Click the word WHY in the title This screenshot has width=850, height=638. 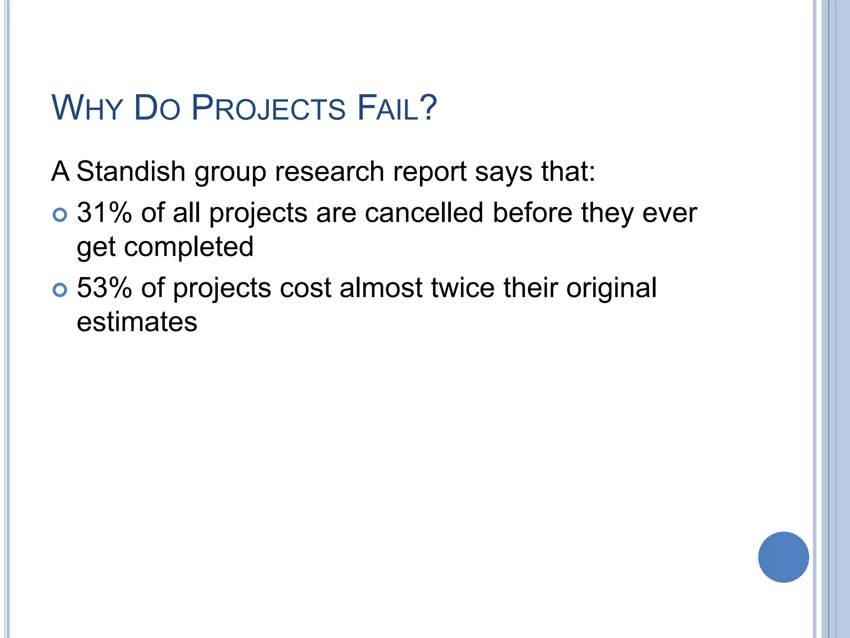pyautogui.click(x=87, y=108)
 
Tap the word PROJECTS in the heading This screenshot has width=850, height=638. pyautogui.click(x=268, y=108)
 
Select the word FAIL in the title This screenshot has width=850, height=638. pyautogui.click(x=388, y=108)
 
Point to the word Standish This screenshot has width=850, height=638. pyautogui.click(x=131, y=171)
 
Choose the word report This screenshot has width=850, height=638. pyautogui.click(x=430, y=172)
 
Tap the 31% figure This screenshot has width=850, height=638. pyautogui.click(x=104, y=213)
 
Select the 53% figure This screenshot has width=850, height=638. pyautogui.click(x=104, y=287)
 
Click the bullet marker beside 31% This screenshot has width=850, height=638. pyautogui.click(x=60, y=215)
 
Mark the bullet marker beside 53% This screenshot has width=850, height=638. pyautogui.click(x=60, y=290)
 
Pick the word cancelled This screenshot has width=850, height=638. pyautogui.click(x=424, y=213)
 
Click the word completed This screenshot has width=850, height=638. pyautogui.click(x=189, y=247)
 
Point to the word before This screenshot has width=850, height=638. pyautogui.click(x=533, y=213)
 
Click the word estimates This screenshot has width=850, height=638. pyautogui.click(x=137, y=322)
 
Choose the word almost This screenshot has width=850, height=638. pyautogui.click(x=381, y=287)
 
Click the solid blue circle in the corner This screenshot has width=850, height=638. pyautogui.click(x=783, y=557)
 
